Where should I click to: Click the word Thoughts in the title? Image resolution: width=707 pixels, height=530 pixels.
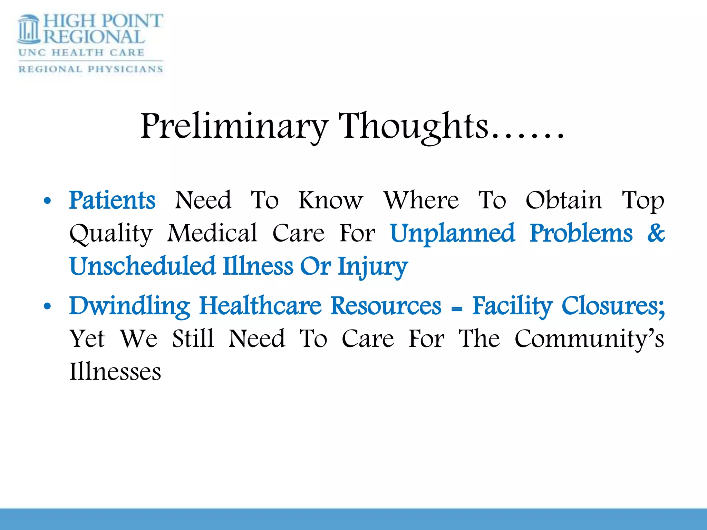(x=414, y=127)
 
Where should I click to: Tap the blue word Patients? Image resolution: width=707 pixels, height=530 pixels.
(x=112, y=200)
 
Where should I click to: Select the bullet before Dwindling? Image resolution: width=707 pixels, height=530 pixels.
(x=47, y=306)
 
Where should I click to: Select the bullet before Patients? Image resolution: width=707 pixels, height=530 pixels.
(x=47, y=200)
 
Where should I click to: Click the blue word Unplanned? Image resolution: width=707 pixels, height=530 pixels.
(x=452, y=234)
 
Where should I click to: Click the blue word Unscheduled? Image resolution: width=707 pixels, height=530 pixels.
(x=143, y=266)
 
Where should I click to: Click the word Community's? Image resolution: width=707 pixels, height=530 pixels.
(x=589, y=339)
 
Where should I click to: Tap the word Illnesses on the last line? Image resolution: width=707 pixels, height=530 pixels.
(x=115, y=372)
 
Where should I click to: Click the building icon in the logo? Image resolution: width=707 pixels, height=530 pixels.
(x=29, y=29)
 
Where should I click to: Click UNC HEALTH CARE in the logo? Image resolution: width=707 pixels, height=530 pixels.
(x=81, y=53)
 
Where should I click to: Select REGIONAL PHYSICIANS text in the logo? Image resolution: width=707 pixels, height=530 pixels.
(x=90, y=69)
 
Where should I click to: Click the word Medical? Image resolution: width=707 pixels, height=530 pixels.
(x=212, y=234)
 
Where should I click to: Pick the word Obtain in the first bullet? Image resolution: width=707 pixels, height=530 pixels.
(x=564, y=200)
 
